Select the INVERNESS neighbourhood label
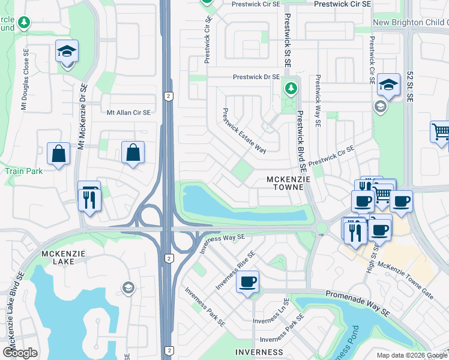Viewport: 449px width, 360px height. pyautogui.click(x=259, y=352)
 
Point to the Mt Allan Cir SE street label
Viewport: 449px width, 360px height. pyautogui.click(x=128, y=112)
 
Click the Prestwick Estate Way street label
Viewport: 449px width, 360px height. pyautogui.click(x=244, y=131)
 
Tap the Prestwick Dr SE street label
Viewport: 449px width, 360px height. pyautogui.click(x=256, y=77)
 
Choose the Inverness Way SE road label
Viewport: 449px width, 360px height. pyautogui.click(x=223, y=243)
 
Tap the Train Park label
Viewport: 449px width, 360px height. pyautogui.click(x=24, y=171)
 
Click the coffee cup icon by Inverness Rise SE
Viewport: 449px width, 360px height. pyautogui.click(x=248, y=282)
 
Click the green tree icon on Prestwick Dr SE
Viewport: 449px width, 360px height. pyautogui.click(x=291, y=89)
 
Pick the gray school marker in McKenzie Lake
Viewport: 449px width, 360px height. pyautogui.click(x=128, y=289)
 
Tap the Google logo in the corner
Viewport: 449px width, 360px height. pyautogui.click(x=20, y=353)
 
